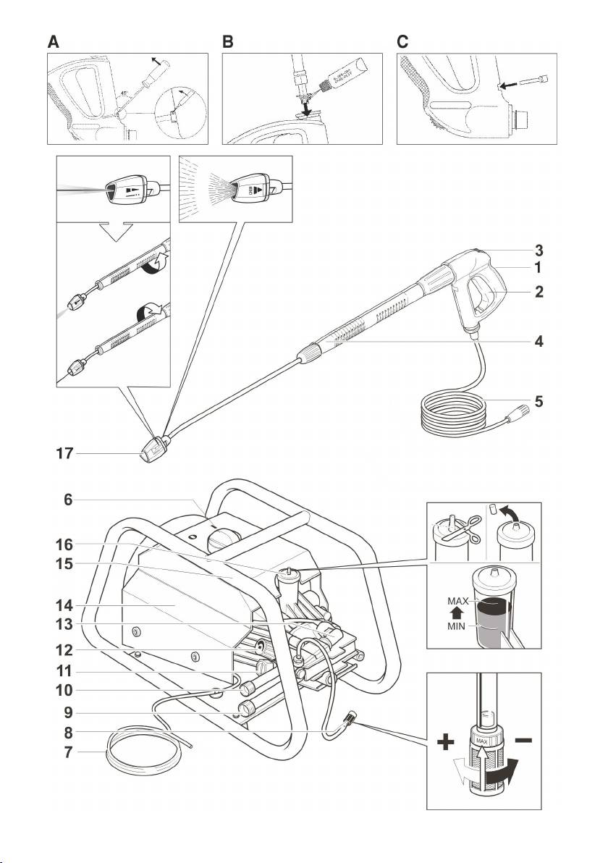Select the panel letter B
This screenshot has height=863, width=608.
[228, 42]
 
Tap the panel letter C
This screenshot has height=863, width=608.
[403, 42]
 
